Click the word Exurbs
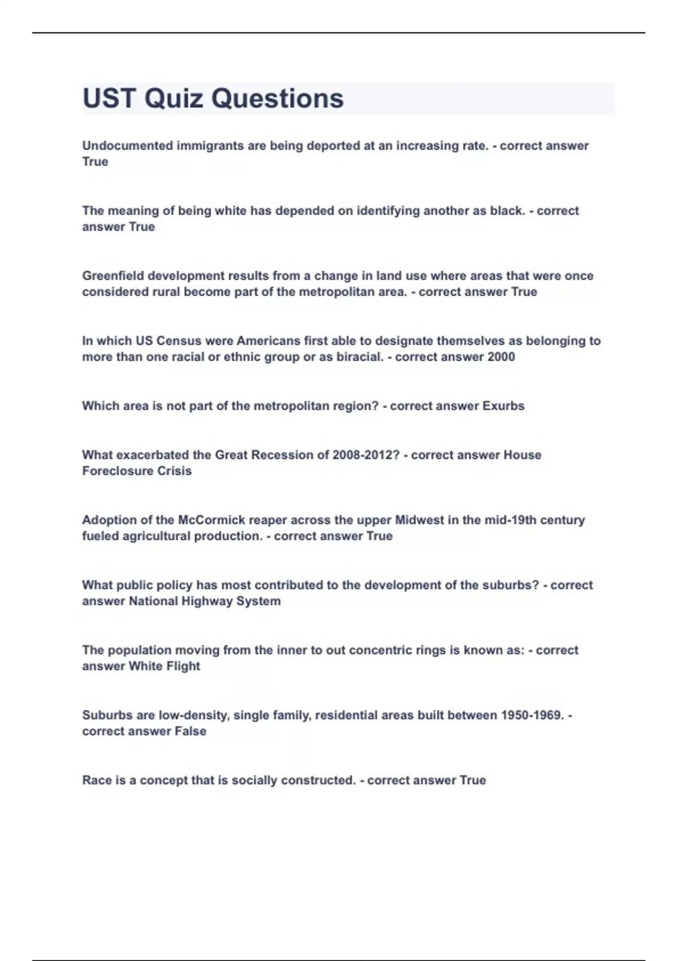click(x=503, y=406)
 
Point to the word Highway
click(x=203, y=601)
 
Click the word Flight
click(x=182, y=666)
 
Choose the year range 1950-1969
click(x=532, y=715)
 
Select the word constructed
click(x=318, y=780)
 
